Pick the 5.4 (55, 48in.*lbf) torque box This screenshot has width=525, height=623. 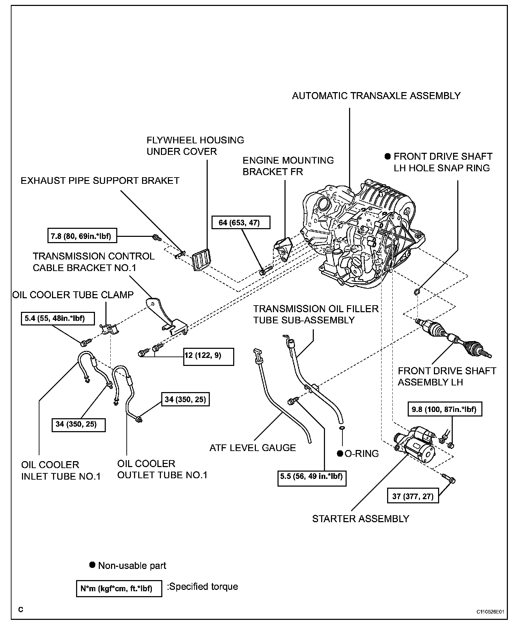pyautogui.click(x=55, y=318)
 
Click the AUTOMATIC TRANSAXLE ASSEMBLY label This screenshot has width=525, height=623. pyautogui.click(x=376, y=96)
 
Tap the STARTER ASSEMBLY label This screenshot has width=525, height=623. pyautogui.click(x=360, y=519)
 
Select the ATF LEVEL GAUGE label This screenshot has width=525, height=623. pyautogui.click(x=252, y=448)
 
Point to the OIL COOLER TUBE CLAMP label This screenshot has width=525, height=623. pyautogui.click(x=73, y=295)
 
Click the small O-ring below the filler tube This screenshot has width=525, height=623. pyautogui.click(x=342, y=428)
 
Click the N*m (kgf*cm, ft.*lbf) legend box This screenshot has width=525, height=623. pyautogui.click(x=119, y=589)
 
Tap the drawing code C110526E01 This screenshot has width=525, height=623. pyautogui.click(x=490, y=611)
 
